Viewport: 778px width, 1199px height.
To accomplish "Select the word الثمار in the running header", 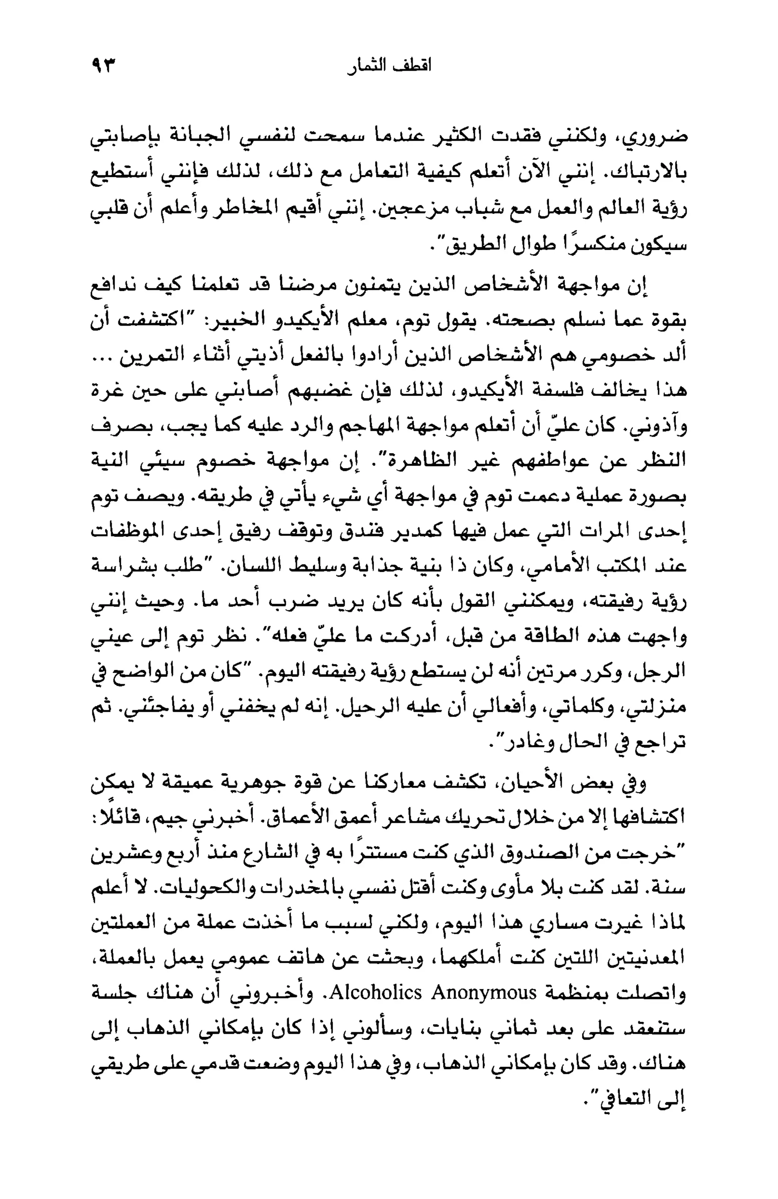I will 365,66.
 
